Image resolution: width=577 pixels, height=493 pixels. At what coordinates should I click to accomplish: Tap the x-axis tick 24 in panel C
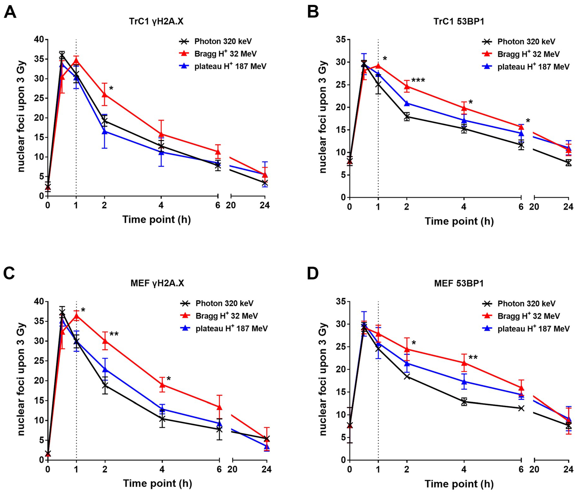point(266,470)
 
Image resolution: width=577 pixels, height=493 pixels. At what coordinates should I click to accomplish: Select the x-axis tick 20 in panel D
point(534,470)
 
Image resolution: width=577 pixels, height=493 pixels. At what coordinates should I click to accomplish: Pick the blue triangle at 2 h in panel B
point(407,103)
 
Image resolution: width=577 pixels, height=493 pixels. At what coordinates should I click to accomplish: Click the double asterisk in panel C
point(114,334)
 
